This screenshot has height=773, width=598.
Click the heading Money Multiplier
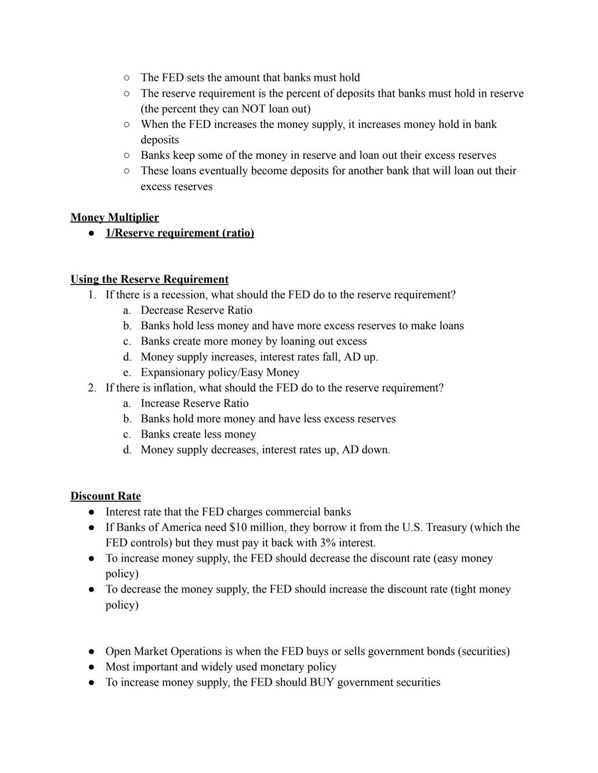pos(115,217)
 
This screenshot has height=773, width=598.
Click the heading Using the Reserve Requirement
pos(149,279)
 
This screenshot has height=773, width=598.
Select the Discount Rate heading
pos(105,496)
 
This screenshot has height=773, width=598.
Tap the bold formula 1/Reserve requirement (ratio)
pos(179,233)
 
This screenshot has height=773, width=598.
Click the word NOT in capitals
pos(253,109)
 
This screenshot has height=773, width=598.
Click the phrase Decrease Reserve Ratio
pos(196,310)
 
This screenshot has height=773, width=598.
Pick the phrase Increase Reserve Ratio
pos(194,403)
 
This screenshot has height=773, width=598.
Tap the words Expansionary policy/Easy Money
pos(220,372)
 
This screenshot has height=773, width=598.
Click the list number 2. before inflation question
pos(92,388)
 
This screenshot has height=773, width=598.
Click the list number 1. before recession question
pos(92,295)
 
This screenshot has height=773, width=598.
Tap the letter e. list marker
pos(127,372)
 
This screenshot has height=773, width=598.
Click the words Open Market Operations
pos(160,651)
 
